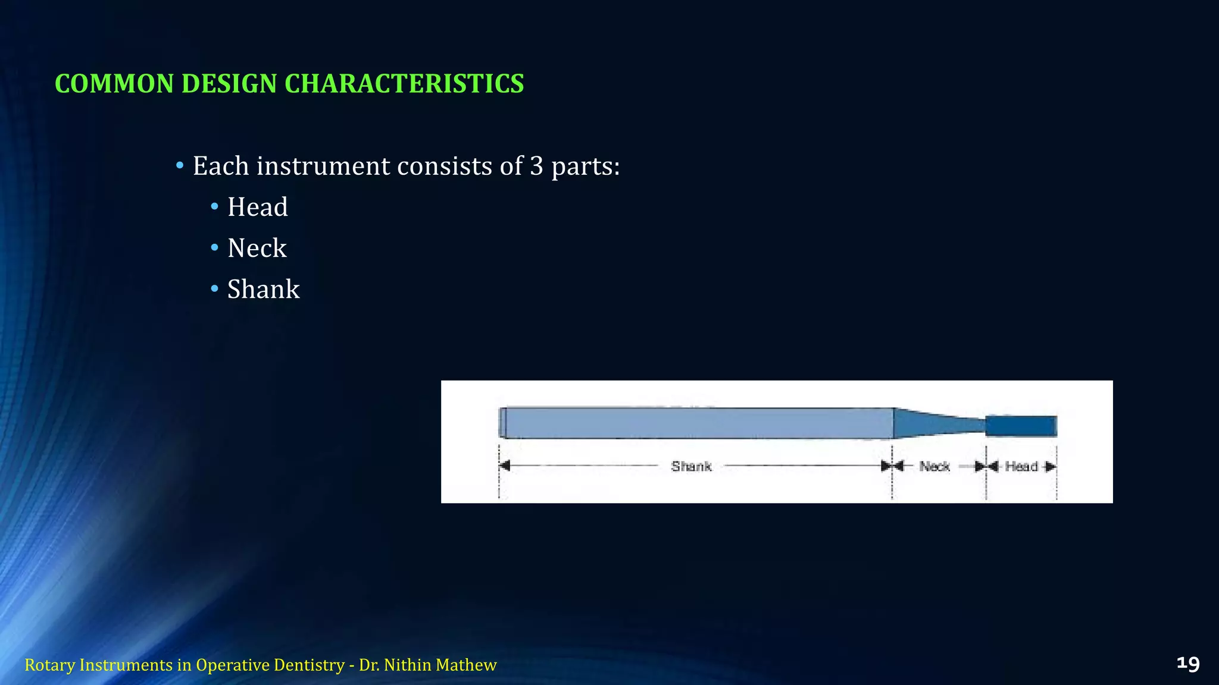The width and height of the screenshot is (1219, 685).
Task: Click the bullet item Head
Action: coord(257,208)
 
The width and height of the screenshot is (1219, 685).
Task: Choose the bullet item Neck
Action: coord(257,249)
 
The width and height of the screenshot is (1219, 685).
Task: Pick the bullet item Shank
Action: coord(263,290)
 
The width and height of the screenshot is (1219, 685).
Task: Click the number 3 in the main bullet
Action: coord(536,166)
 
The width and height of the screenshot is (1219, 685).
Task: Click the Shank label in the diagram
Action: coord(691,466)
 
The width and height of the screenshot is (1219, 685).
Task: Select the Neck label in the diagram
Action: coord(934,466)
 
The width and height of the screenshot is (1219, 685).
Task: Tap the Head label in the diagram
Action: coord(1021,466)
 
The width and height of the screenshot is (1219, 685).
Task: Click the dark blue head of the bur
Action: coord(1021,426)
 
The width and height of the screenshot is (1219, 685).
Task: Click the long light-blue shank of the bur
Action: coord(696,423)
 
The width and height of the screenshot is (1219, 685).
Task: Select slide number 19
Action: coord(1187,664)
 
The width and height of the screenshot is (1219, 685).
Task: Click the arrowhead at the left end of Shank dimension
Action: coord(505,466)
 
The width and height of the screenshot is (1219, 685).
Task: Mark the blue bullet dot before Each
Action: coord(180,165)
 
